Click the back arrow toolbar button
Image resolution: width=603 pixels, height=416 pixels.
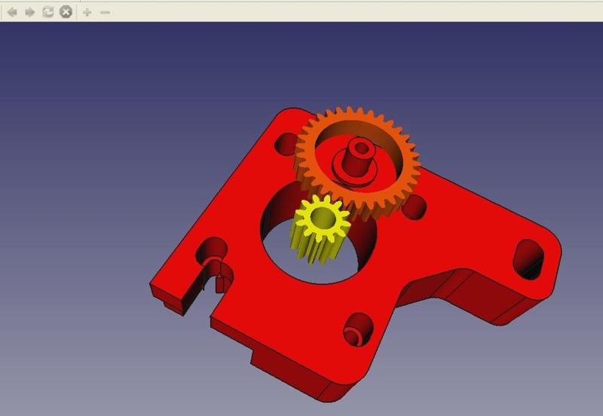point(12,12)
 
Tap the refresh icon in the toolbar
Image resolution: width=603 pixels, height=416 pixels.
point(47,12)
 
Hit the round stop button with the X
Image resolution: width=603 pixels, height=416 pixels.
point(66,12)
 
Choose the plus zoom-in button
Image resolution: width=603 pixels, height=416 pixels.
point(87,12)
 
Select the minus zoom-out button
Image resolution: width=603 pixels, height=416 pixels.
point(105,12)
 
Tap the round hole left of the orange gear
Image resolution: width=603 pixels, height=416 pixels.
point(287,142)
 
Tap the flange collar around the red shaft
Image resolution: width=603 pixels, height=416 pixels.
point(354,174)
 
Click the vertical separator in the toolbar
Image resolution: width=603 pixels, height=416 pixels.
point(77,12)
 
